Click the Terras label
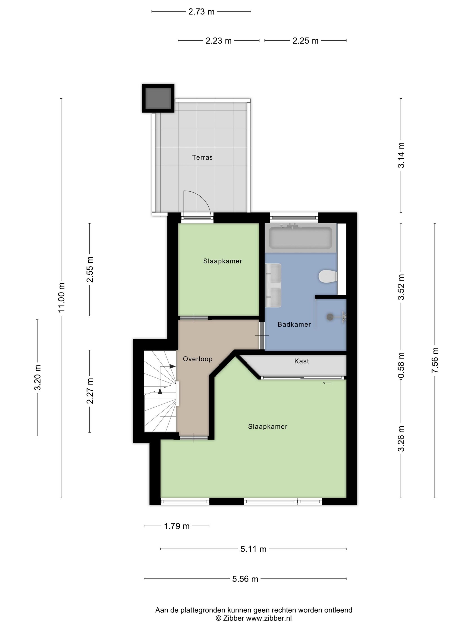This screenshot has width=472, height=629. point(202,157)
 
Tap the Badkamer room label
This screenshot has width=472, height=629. point(294,324)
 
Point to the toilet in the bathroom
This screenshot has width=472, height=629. point(328,276)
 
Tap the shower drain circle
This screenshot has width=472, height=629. point(330,317)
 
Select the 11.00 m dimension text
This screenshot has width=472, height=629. point(61,297)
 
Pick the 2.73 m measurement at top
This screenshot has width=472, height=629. point(201,12)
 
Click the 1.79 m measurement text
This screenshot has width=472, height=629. point(176,526)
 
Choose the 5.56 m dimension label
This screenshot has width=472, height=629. point(245,579)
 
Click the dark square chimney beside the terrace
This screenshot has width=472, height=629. point(158,98)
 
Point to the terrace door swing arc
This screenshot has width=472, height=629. point(203,199)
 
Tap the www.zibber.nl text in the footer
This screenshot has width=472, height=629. point(269,618)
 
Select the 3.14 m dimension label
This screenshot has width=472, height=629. point(401,155)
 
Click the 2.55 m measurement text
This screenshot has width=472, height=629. point(90,269)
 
